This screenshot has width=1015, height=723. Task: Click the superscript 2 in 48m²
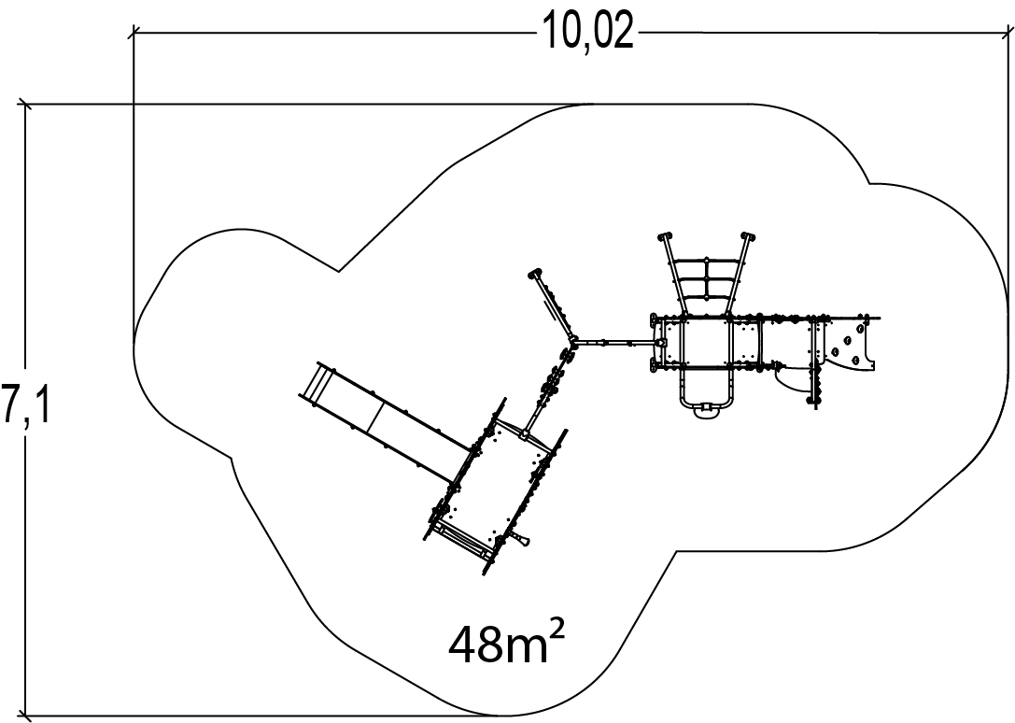tap(555, 627)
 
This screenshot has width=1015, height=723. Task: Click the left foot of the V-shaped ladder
tap(665, 236)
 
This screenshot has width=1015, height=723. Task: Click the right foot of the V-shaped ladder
tap(747, 236)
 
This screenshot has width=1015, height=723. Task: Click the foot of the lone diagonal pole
tap(536, 275)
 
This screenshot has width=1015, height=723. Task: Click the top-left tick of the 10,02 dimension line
tap(134, 33)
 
